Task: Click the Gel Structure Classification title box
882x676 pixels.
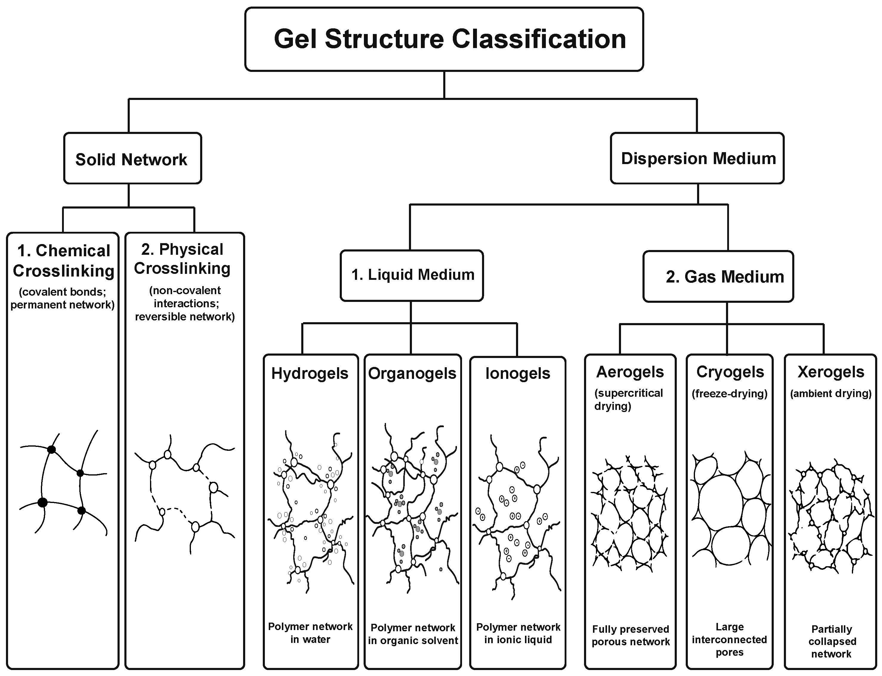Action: point(444,39)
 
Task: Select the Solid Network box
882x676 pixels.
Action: point(132,158)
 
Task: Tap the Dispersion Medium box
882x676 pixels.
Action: point(697,158)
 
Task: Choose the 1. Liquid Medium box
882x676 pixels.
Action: point(412,276)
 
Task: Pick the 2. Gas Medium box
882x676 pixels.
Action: point(718,277)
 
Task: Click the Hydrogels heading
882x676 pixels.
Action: point(310,374)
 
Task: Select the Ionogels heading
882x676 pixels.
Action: point(518,374)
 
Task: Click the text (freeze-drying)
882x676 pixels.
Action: point(730,393)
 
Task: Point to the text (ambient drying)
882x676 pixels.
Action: point(831,393)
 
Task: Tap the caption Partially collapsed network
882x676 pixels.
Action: point(831,641)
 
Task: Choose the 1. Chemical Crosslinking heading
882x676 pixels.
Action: point(64,261)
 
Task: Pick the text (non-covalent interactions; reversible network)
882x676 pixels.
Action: point(185,303)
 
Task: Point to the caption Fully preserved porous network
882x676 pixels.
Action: point(631,635)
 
